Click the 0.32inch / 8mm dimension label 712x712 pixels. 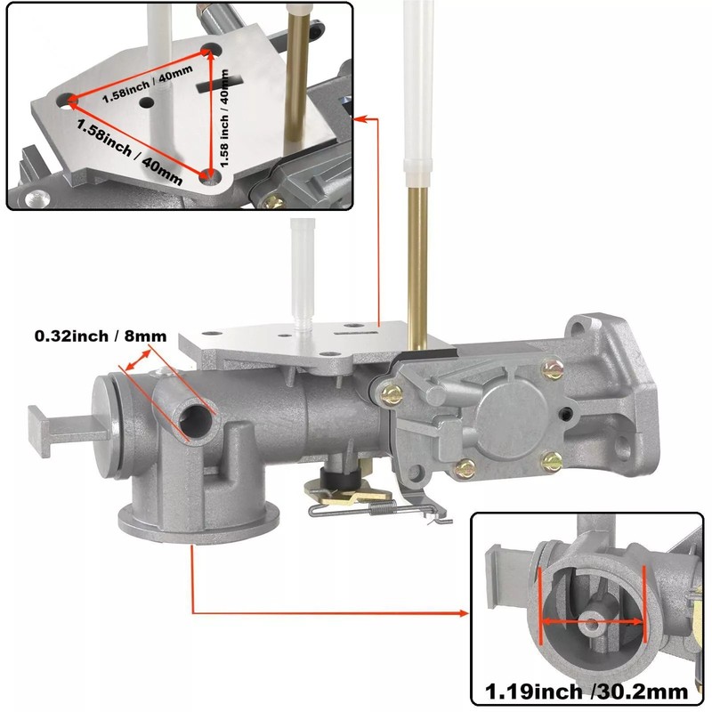tap(101, 336)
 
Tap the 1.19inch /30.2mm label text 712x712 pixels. tap(587, 692)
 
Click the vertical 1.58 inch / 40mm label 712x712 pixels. tap(224, 118)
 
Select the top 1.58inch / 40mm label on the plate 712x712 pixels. tap(147, 84)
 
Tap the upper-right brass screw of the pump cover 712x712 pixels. tap(553, 368)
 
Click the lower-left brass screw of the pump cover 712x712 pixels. tap(465, 468)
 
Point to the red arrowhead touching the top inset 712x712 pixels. tap(359, 119)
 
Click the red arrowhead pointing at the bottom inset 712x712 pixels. tap(464, 613)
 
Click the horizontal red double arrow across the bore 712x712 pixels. tap(593, 621)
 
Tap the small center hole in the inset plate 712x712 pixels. tap(147, 102)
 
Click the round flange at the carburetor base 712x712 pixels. tap(198, 522)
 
